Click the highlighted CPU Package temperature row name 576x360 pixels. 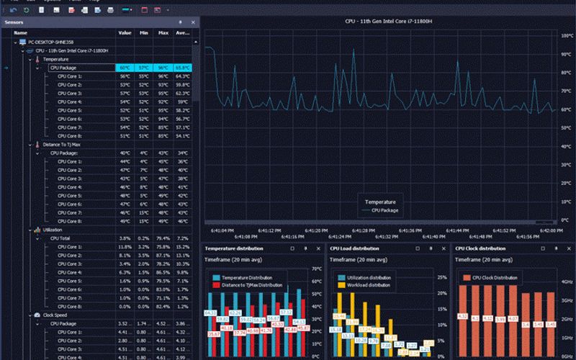[x=63, y=68]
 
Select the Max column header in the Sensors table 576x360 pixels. [x=163, y=32]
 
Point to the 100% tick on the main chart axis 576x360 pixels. [x=566, y=34]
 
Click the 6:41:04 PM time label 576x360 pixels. [x=222, y=230]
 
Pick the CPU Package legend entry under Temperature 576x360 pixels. [x=384, y=210]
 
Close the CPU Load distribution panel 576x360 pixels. [x=442, y=248]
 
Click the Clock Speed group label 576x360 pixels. [x=55, y=315]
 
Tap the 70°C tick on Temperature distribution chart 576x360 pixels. [x=315, y=269]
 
